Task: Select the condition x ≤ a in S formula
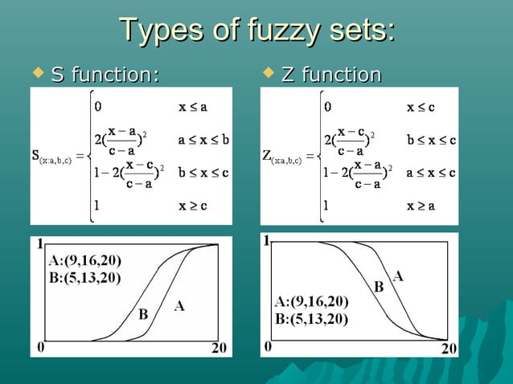point(192,104)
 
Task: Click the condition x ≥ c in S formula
point(193,205)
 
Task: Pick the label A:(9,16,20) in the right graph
point(311,302)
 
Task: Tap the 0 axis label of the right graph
point(268,347)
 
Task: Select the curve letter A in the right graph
point(398,276)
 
